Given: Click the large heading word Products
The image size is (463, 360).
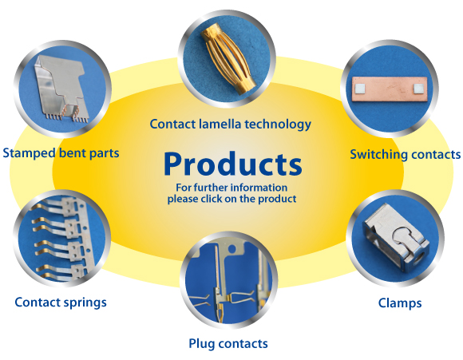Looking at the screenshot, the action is coord(233,164).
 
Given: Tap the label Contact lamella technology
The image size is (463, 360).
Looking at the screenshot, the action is coord(231,124).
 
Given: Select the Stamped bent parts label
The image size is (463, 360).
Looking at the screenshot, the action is coord(61,153).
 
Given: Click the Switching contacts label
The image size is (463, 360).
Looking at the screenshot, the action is coord(406,154).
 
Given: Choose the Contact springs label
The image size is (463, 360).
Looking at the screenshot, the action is coord(61,303).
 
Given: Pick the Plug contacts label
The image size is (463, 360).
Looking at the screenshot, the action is coord(228,344).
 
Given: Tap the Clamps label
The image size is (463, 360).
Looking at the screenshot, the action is coord(400,303).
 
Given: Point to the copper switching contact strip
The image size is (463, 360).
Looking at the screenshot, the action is coord(390,89).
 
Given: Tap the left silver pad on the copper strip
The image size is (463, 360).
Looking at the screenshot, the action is coord(360,88).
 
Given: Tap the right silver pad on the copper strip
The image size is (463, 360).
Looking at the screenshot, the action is coord(418,88).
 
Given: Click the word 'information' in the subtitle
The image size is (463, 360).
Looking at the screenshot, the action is coord(259,188).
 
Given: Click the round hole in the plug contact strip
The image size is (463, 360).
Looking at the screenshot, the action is coord(232,249).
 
